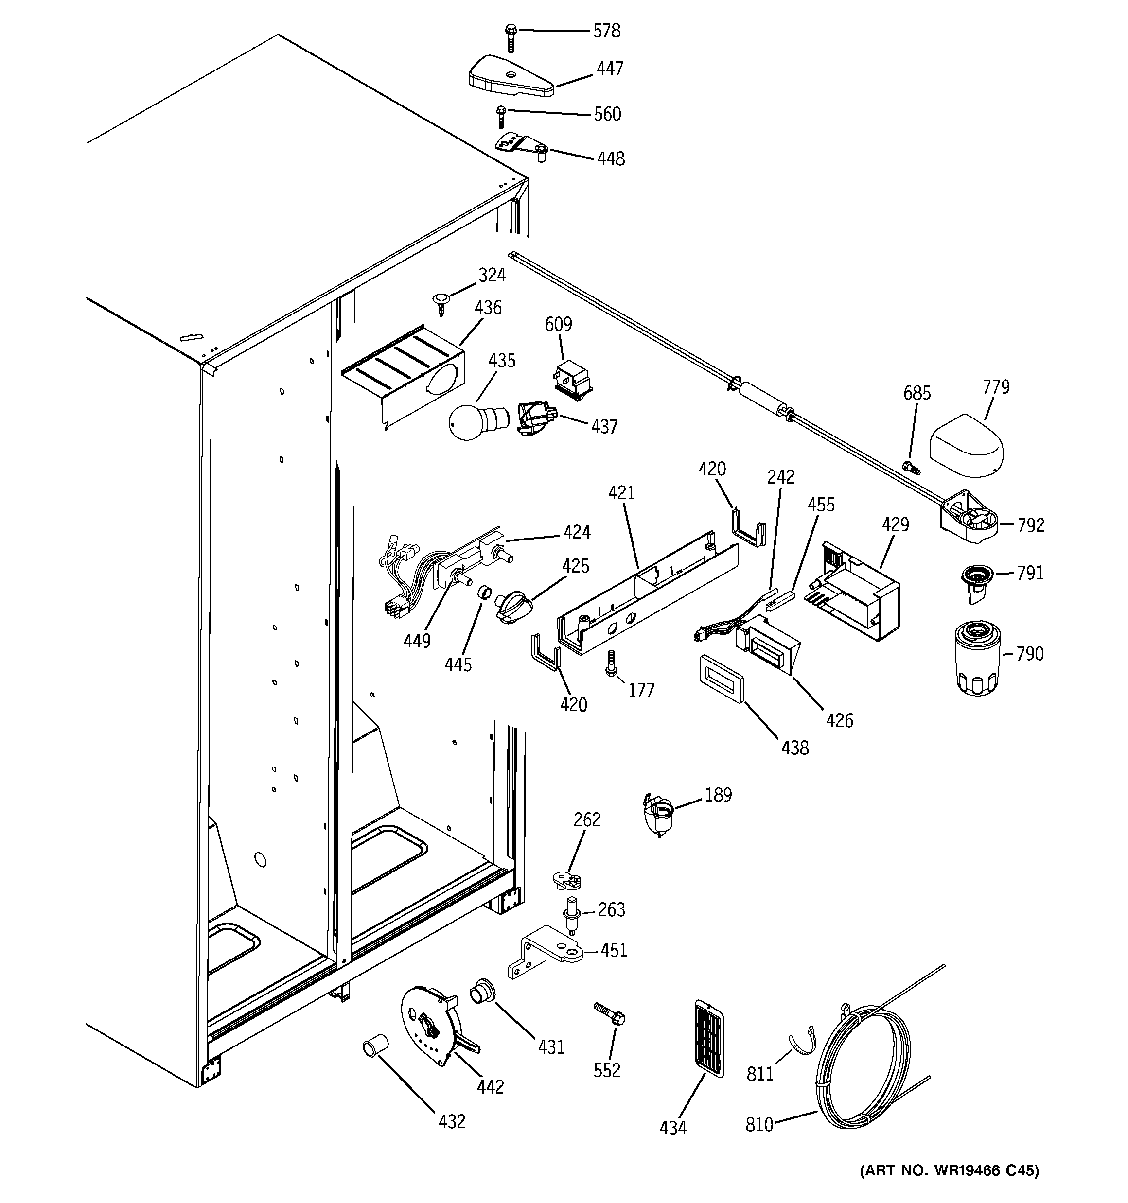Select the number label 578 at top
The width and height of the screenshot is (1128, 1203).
tap(606, 31)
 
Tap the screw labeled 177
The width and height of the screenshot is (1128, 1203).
tap(611, 663)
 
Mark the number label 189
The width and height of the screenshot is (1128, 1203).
tap(718, 795)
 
